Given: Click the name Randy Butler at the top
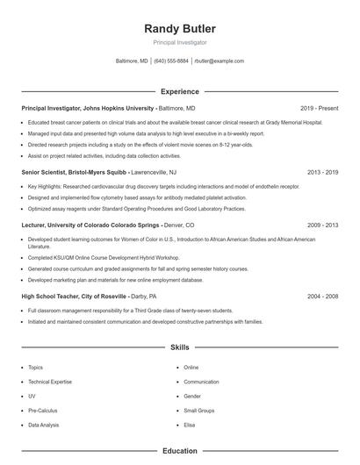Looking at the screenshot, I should tap(179, 29).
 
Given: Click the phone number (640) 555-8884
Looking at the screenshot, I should tap(171, 61).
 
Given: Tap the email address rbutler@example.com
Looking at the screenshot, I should tap(219, 61).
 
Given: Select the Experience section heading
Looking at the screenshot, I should tap(179, 91).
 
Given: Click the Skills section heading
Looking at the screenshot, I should tap(179, 348).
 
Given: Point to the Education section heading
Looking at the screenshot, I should tap(179, 451).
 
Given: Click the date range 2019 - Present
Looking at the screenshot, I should tap(319, 108).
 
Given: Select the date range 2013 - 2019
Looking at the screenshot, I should tap(322, 173).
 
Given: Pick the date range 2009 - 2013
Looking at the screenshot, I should tap(322, 225).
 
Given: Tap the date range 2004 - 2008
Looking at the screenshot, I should tap(322, 297).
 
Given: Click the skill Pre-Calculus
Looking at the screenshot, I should tap(43, 411).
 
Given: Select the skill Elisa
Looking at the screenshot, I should tap(190, 425).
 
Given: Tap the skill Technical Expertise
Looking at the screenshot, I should tap(51, 382).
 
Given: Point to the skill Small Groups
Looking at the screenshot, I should tap(199, 411).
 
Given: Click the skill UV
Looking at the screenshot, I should tap(32, 396).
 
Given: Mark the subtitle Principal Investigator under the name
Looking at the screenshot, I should tap(179, 42).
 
